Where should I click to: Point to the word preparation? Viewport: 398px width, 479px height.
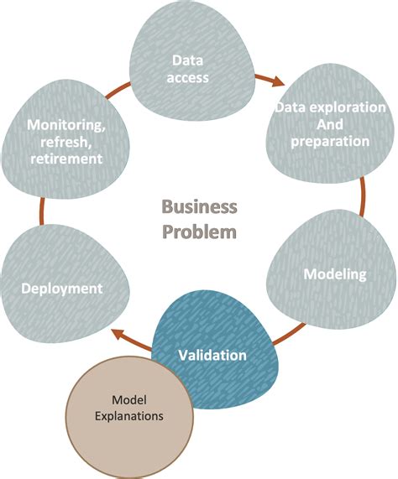(x=329, y=141)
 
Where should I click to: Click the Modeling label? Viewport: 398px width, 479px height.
(x=334, y=274)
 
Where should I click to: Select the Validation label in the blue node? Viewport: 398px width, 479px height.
(x=212, y=355)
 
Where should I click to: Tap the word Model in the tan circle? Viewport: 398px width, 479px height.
(x=129, y=398)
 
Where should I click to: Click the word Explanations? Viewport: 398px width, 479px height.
(x=129, y=414)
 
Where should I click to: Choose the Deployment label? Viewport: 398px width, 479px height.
(x=62, y=289)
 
